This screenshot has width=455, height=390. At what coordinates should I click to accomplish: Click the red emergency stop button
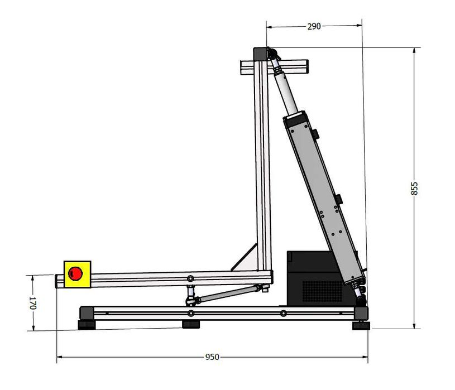75,273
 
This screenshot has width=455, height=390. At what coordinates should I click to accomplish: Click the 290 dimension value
314,26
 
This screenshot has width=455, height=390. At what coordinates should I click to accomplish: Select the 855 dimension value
414,189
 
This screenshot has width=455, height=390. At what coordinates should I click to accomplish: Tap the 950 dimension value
212,357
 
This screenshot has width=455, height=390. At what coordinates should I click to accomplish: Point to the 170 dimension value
32,303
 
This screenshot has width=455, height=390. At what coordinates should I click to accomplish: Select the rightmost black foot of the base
361,325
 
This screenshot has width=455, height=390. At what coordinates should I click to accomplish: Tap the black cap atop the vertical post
260,54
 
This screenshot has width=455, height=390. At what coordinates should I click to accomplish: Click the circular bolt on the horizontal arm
191,278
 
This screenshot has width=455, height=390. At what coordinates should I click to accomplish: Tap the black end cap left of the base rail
85,311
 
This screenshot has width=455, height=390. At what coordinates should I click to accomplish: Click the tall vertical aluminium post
262,167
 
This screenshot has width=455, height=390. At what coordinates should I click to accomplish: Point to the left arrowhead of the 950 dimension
58,357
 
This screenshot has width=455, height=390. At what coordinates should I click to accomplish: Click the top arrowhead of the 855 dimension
414,50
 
